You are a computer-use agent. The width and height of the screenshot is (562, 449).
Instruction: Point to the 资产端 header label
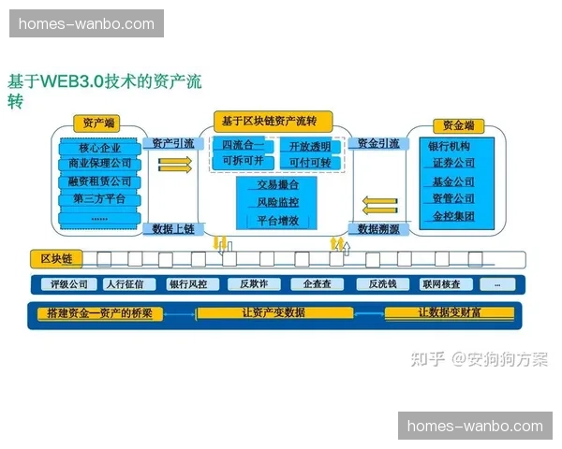pyautogui.click(x=99, y=123)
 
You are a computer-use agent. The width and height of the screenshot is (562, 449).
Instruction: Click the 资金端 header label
pyautogui.click(x=458, y=125)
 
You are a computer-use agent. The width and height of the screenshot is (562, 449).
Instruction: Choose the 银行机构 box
pyautogui.click(x=450, y=147)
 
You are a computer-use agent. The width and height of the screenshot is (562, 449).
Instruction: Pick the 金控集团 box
pyautogui.click(x=453, y=216)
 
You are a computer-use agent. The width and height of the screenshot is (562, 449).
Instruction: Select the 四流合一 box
pyautogui.click(x=243, y=146)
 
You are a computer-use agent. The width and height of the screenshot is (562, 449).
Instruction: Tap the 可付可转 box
pyautogui.click(x=309, y=163)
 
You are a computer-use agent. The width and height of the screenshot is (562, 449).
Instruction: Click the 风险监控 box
pyautogui.click(x=277, y=202)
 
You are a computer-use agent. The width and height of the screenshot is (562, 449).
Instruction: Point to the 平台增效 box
pyautogui.click(x=277, y=221)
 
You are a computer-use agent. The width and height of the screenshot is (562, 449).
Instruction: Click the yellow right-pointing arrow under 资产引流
pyautogui.click(x=174, y=165)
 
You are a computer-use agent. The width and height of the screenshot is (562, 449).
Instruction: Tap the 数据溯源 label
pyautogui.click(x=378, y=228)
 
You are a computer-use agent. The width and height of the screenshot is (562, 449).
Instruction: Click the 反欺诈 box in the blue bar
pyautogui.click(x=253, y=283)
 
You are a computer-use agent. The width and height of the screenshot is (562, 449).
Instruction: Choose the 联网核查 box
pyautogui.click(x=440, y=283)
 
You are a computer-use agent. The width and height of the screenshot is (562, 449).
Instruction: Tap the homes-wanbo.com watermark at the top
pyautogui.click(x=86, y=23)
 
